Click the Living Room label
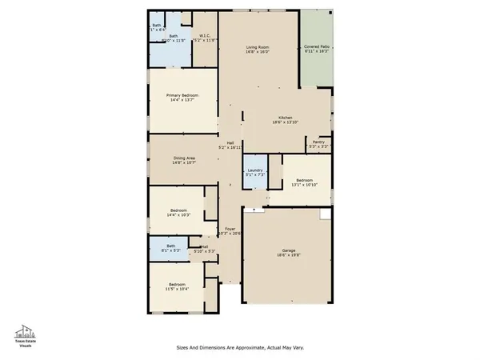pos(258,48)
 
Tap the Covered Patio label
pos(317,47)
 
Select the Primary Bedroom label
pos(182,95)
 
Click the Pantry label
pos(318,142)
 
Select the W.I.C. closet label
pos(206,34)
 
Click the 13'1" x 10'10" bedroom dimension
pos(305,185)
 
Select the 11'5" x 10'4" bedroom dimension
pos(178,289)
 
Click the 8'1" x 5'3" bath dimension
pos(170,250)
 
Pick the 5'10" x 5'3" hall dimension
pos(205,251)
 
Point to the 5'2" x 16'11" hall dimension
pos(230,147)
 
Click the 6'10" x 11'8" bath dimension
pos(174,40)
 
